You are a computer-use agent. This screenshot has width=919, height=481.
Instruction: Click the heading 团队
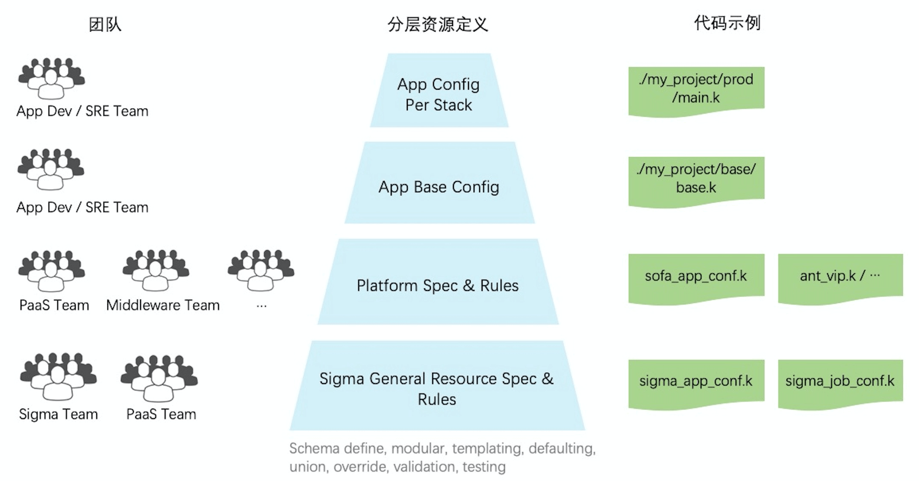[x=105, y=24]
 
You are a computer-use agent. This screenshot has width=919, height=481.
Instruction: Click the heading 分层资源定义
[x=438, y=24]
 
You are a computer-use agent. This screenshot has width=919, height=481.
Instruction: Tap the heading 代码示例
[x=727, y=23]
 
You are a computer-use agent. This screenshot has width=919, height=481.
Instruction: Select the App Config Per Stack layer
[x=439, y=94]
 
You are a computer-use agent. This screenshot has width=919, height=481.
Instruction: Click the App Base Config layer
[x=439, y=187]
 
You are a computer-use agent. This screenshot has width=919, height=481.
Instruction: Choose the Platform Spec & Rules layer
[x=438, y=285]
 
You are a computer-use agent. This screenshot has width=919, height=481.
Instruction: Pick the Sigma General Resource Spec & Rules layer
[x=437, y=388]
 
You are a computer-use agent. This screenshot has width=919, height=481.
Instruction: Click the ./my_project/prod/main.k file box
[x=696, y=89]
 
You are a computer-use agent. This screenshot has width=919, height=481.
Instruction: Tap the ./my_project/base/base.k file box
[x=696, y=179]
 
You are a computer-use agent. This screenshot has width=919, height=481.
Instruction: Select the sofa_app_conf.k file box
[x=696, y=276]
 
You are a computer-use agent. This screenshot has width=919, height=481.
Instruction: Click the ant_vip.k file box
[x=840, y=276]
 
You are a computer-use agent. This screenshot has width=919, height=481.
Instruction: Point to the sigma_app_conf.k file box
[x=696, y=381]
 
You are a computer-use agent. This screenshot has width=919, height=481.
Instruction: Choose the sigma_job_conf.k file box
[x=840, y=381]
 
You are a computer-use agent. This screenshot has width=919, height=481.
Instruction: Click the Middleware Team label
[x=163, y=305]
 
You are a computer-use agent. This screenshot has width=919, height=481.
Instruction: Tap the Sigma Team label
[x=59, y=414]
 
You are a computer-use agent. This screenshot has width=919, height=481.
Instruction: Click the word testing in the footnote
[x=484, y=467]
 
